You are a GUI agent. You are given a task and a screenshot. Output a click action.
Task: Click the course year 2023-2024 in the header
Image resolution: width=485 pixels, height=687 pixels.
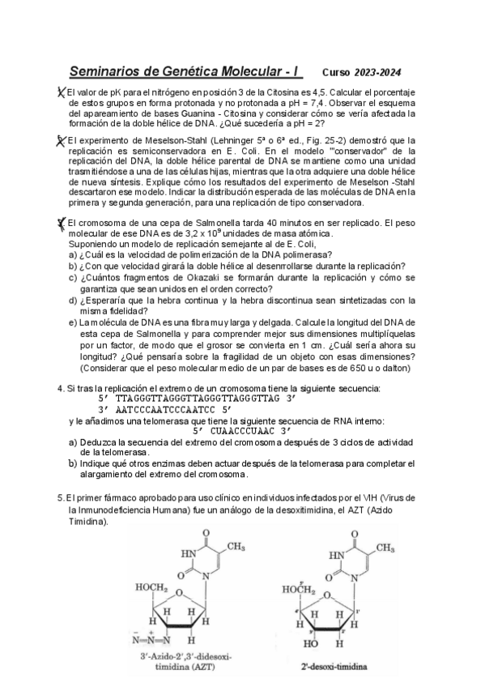(377, 71)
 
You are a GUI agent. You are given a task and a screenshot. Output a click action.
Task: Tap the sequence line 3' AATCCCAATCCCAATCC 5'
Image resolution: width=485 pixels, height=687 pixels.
(166, 410)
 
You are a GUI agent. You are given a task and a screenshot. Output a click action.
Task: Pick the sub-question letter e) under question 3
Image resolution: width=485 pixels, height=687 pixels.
(73, 322)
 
